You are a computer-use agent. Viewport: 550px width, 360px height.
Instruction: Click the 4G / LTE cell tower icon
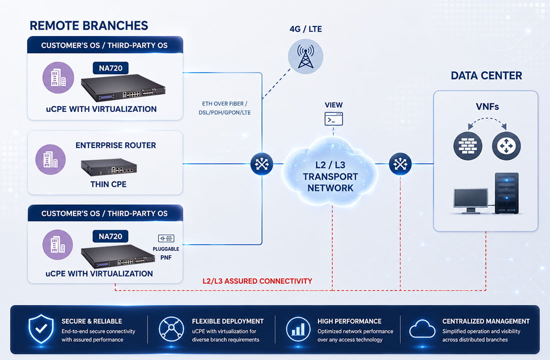point(305,56)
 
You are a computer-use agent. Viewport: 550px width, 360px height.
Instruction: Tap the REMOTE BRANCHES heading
point(88,25)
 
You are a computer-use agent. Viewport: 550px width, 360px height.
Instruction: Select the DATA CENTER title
point(486,75)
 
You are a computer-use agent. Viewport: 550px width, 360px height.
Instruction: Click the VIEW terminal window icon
point(333,119)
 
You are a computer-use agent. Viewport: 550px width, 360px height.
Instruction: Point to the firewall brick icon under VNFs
point(467,145)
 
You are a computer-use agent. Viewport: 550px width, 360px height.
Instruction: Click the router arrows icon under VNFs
point(506,145)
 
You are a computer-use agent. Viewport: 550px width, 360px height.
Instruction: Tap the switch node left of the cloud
point(261,164)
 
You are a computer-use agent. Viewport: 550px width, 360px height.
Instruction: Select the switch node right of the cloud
point(400,164)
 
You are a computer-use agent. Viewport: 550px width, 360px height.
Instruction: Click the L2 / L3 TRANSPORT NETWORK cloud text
point(330,176)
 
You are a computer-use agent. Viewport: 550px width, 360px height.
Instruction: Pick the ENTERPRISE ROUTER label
point(116,145)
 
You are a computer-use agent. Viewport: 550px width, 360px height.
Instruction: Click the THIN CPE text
point(108,184)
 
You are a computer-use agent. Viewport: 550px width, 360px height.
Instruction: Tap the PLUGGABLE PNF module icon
point(166,238)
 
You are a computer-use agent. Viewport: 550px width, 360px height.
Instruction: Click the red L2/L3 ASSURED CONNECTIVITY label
point(257,281)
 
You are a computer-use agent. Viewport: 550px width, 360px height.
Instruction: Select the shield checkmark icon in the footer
point(41,329)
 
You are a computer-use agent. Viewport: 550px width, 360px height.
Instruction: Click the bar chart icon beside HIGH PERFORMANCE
point(298,329)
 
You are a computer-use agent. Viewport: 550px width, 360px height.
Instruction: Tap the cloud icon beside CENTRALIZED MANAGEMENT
point(422,329)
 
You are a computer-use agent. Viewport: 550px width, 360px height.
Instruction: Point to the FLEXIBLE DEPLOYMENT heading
point(227,321)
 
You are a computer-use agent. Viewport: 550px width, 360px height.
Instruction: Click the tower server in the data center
point(506,193)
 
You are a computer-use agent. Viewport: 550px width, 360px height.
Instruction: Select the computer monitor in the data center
point(470,200)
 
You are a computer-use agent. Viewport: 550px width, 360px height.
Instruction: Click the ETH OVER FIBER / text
point(224,104)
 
